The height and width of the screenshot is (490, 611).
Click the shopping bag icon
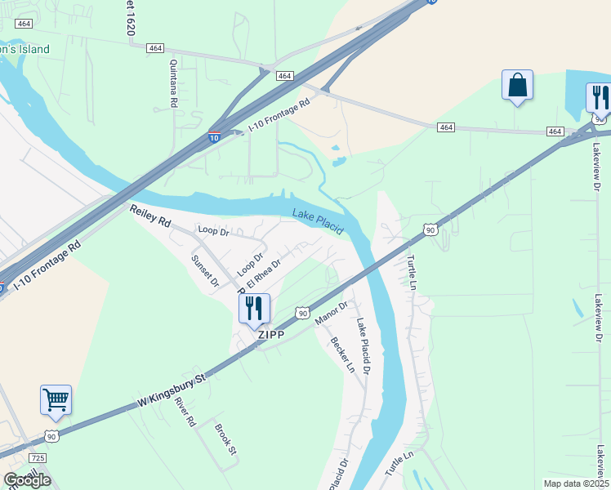coord(517,85)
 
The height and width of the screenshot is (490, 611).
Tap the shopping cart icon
coord(56,400)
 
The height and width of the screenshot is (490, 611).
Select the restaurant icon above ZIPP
coord(254,308)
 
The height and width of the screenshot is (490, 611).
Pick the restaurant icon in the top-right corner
coord(599,98)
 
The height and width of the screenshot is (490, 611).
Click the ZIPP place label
coord(270,335)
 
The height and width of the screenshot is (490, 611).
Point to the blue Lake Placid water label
coord(318,220)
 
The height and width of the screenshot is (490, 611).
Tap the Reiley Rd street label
coord(150,216)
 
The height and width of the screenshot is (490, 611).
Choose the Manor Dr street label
coord(332,312)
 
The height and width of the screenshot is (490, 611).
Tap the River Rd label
coord(186,413)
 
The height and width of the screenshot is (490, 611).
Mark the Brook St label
coord(225,439)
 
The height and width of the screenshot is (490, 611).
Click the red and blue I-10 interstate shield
coord(214,138)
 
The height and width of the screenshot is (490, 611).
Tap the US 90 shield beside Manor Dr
coord(302,313)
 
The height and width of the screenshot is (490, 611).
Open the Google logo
coord(27,479)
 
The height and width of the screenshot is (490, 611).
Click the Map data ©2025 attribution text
coord(575,483)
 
